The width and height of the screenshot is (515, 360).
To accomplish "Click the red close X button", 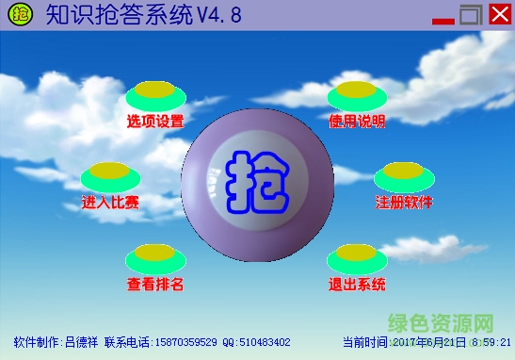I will [498, 16].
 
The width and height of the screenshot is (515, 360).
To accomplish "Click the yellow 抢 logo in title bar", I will [17, 15].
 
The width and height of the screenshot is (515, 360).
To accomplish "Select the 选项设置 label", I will [154, 121].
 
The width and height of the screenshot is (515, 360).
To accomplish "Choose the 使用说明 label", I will [357, 121].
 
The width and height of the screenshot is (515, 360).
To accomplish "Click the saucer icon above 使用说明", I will [357, 94].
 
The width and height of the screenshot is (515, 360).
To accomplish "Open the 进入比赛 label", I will [110, 202].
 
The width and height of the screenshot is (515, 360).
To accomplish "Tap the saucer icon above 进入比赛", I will [110, 175].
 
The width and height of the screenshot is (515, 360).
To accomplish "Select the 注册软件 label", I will [404, 202].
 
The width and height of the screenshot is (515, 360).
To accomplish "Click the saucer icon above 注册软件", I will [404, 175].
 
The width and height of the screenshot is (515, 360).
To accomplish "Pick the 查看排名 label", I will [154, 284].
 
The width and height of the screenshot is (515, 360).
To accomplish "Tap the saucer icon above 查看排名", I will [153, 256].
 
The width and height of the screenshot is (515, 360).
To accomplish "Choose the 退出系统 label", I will [357, 284].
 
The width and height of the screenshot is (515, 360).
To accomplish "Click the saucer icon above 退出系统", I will [357, 256].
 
